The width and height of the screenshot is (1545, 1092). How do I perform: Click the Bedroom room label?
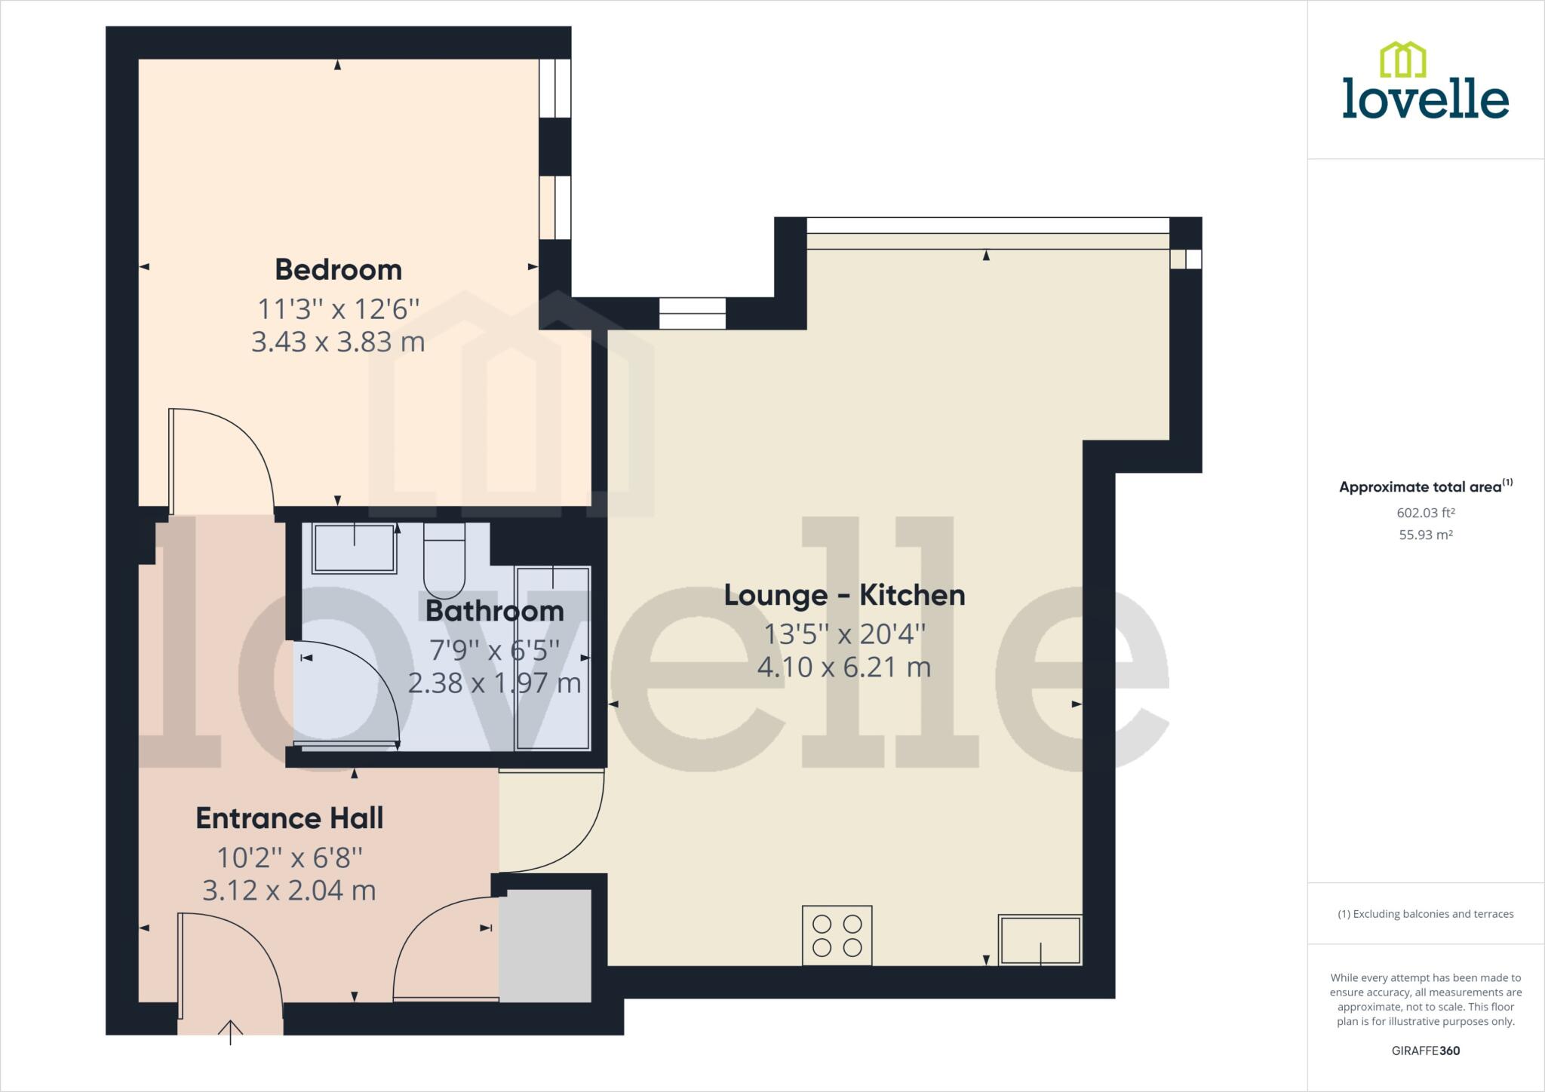[338, 269]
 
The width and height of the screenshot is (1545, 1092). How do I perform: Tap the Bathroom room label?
[494, 611]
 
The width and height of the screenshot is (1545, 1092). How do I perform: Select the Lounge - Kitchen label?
[844, 595]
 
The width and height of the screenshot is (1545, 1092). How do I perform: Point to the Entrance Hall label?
[290, 818]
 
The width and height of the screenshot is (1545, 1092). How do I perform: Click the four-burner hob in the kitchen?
[837, 935]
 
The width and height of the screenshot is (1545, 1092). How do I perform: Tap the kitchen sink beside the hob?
[1040, 940]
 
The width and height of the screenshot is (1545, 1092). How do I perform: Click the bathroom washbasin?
[354, 548]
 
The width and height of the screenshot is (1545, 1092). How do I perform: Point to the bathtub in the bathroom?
[552, 658]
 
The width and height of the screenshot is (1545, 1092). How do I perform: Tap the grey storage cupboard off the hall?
[545, 946]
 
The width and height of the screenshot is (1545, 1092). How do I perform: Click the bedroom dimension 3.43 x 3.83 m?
[338, 342]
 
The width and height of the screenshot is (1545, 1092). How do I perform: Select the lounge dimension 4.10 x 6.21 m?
[844, 667]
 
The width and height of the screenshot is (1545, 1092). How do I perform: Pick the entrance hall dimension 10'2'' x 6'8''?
[290, 857]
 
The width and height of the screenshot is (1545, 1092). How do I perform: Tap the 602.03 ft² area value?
[1425, 513]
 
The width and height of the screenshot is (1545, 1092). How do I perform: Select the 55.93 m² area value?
[1425, 535]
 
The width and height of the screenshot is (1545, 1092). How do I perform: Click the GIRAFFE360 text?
[1425, 1051]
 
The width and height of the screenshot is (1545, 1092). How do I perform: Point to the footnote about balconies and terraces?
[1425, 914]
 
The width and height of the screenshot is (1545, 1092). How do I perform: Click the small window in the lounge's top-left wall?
[692, 313]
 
